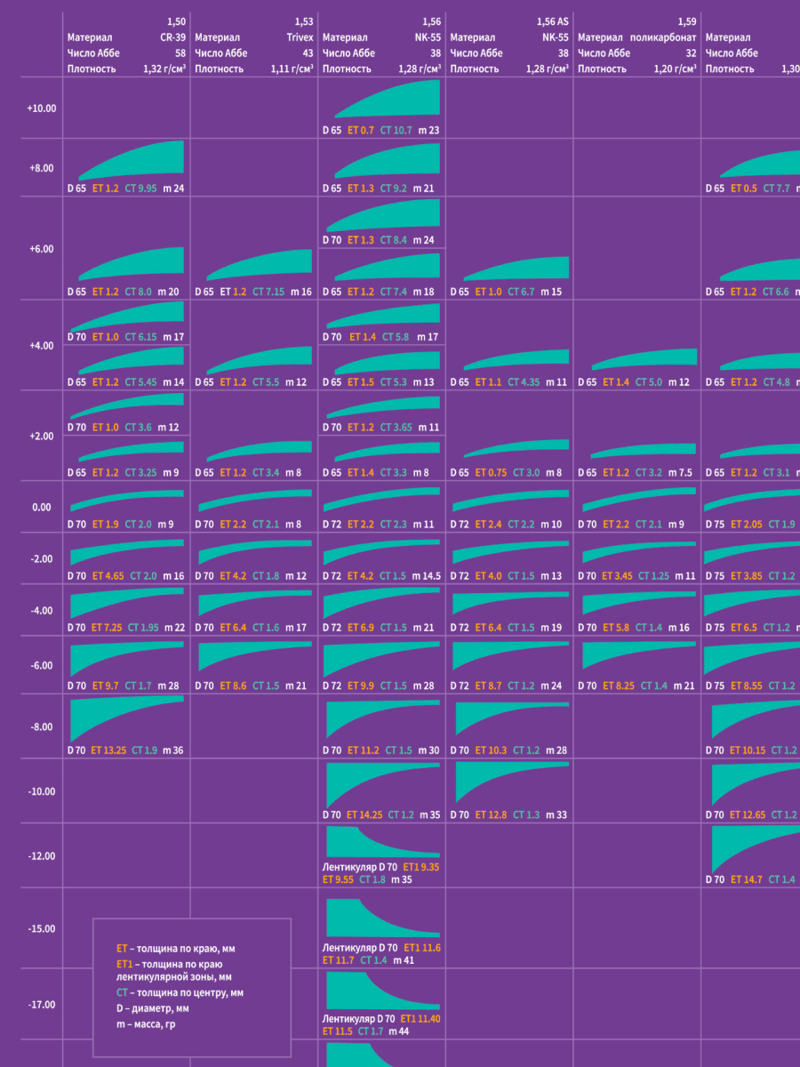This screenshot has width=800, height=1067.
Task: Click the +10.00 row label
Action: pos(42,108)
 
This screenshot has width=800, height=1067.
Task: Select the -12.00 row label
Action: pos(42,856)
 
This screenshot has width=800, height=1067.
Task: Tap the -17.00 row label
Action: pos(42,1005)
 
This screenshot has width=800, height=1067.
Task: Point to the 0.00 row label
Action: pos(42,508)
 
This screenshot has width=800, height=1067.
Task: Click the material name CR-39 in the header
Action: pos(172,37)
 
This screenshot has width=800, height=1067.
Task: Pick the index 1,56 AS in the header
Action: pos(552,21)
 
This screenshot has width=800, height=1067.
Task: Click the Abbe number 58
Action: pos(180,52)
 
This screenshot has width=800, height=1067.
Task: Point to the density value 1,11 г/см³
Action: pos(292,68)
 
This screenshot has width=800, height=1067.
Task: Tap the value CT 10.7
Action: pos(396,131)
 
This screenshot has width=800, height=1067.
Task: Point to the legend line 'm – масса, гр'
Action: pos(152,1024)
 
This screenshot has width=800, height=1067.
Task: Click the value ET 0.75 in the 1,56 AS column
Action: pos(491,473)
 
